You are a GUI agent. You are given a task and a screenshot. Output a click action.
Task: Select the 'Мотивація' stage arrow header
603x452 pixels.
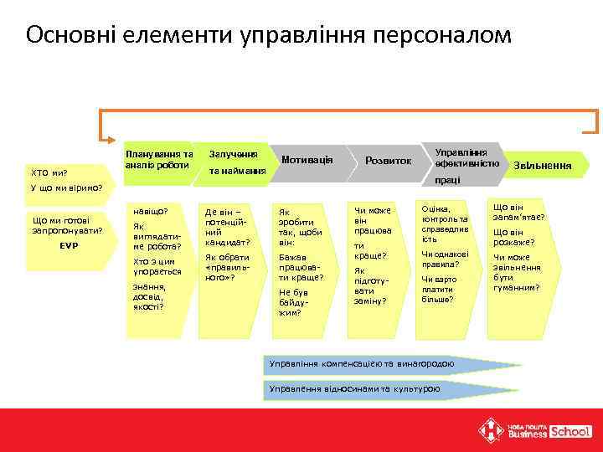pos(307,159)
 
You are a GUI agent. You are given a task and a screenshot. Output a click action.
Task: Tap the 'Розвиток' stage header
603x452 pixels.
pos(388,160)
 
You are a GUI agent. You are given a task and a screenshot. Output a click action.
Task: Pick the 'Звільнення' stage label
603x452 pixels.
pos(543,166)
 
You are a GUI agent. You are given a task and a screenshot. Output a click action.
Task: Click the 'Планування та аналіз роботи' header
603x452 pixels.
pos(158,159)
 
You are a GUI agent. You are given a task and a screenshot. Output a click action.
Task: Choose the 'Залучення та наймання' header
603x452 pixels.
pos(236,162)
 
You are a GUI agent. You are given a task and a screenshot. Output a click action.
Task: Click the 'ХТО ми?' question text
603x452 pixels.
pos(49,172)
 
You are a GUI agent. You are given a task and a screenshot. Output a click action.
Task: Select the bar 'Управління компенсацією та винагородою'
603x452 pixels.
pos(360,364)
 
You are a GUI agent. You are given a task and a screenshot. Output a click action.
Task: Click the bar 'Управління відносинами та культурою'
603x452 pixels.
pos(353,389)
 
